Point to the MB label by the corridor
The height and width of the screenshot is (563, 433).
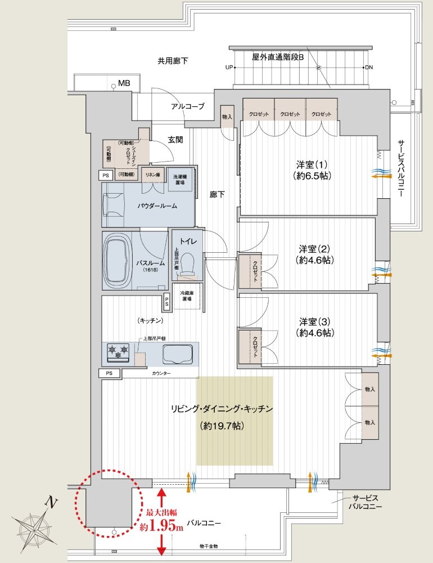point(124,83)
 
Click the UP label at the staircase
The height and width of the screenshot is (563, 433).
point(229,68)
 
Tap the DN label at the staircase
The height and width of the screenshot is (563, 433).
point(369,68)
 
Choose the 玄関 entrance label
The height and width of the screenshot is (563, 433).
point(175,140)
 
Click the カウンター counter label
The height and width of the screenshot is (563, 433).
point(161,373)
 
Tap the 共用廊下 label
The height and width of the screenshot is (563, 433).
point(173,60)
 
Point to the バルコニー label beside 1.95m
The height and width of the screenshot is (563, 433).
point(204,523)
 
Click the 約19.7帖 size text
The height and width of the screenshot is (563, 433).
point(222,426)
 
